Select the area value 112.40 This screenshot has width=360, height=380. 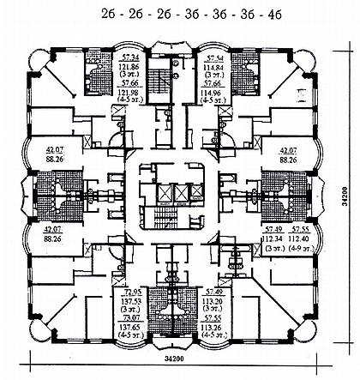[x=299, y=240]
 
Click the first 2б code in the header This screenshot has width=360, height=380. [x=110, y=13]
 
